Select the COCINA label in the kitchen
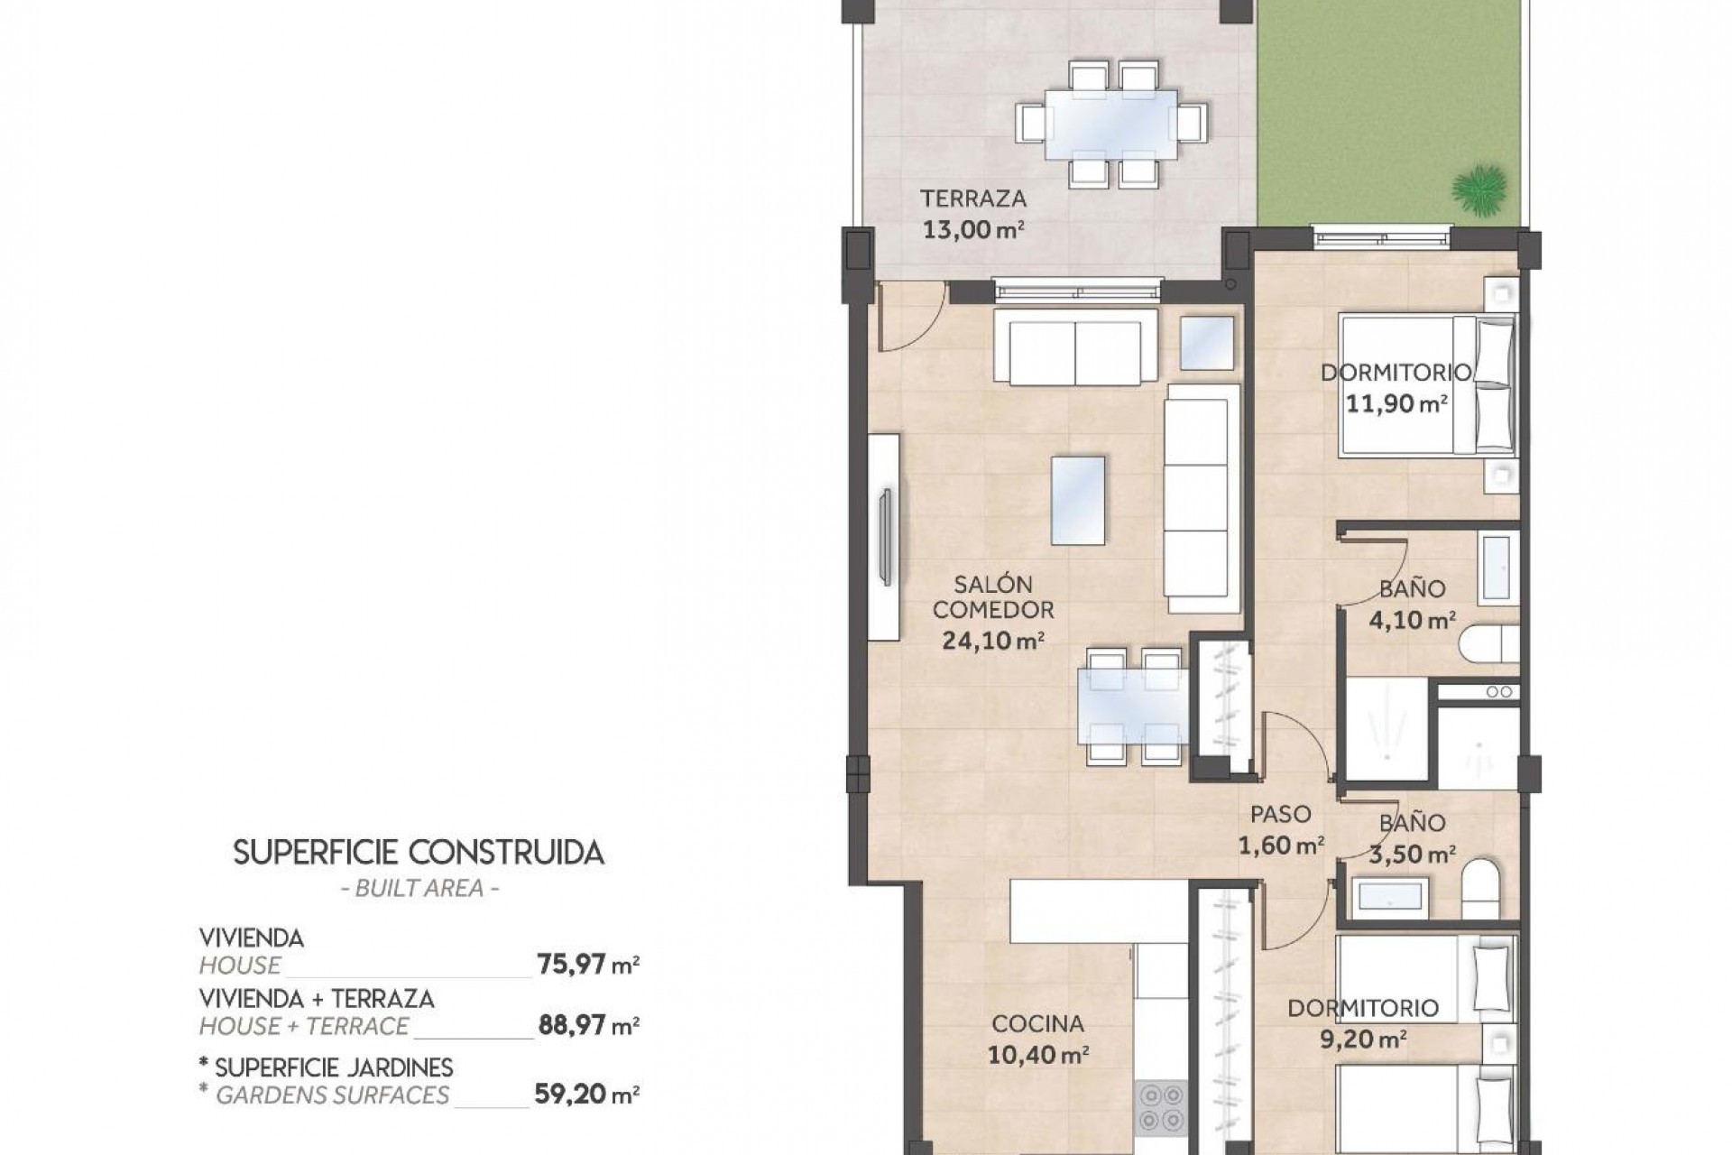[x=1037, y=1023]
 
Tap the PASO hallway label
[x=1280, y=815]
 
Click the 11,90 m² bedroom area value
[x=1396, y=403]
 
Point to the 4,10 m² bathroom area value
[x=1412, y=620]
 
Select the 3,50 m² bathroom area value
[x=1412, y=854]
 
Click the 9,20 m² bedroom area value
[x=1362, y=1039]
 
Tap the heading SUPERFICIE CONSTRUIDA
[x=419, y=853]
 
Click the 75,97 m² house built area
[x=587, y=965]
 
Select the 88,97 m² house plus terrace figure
[x=587, y=1025]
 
